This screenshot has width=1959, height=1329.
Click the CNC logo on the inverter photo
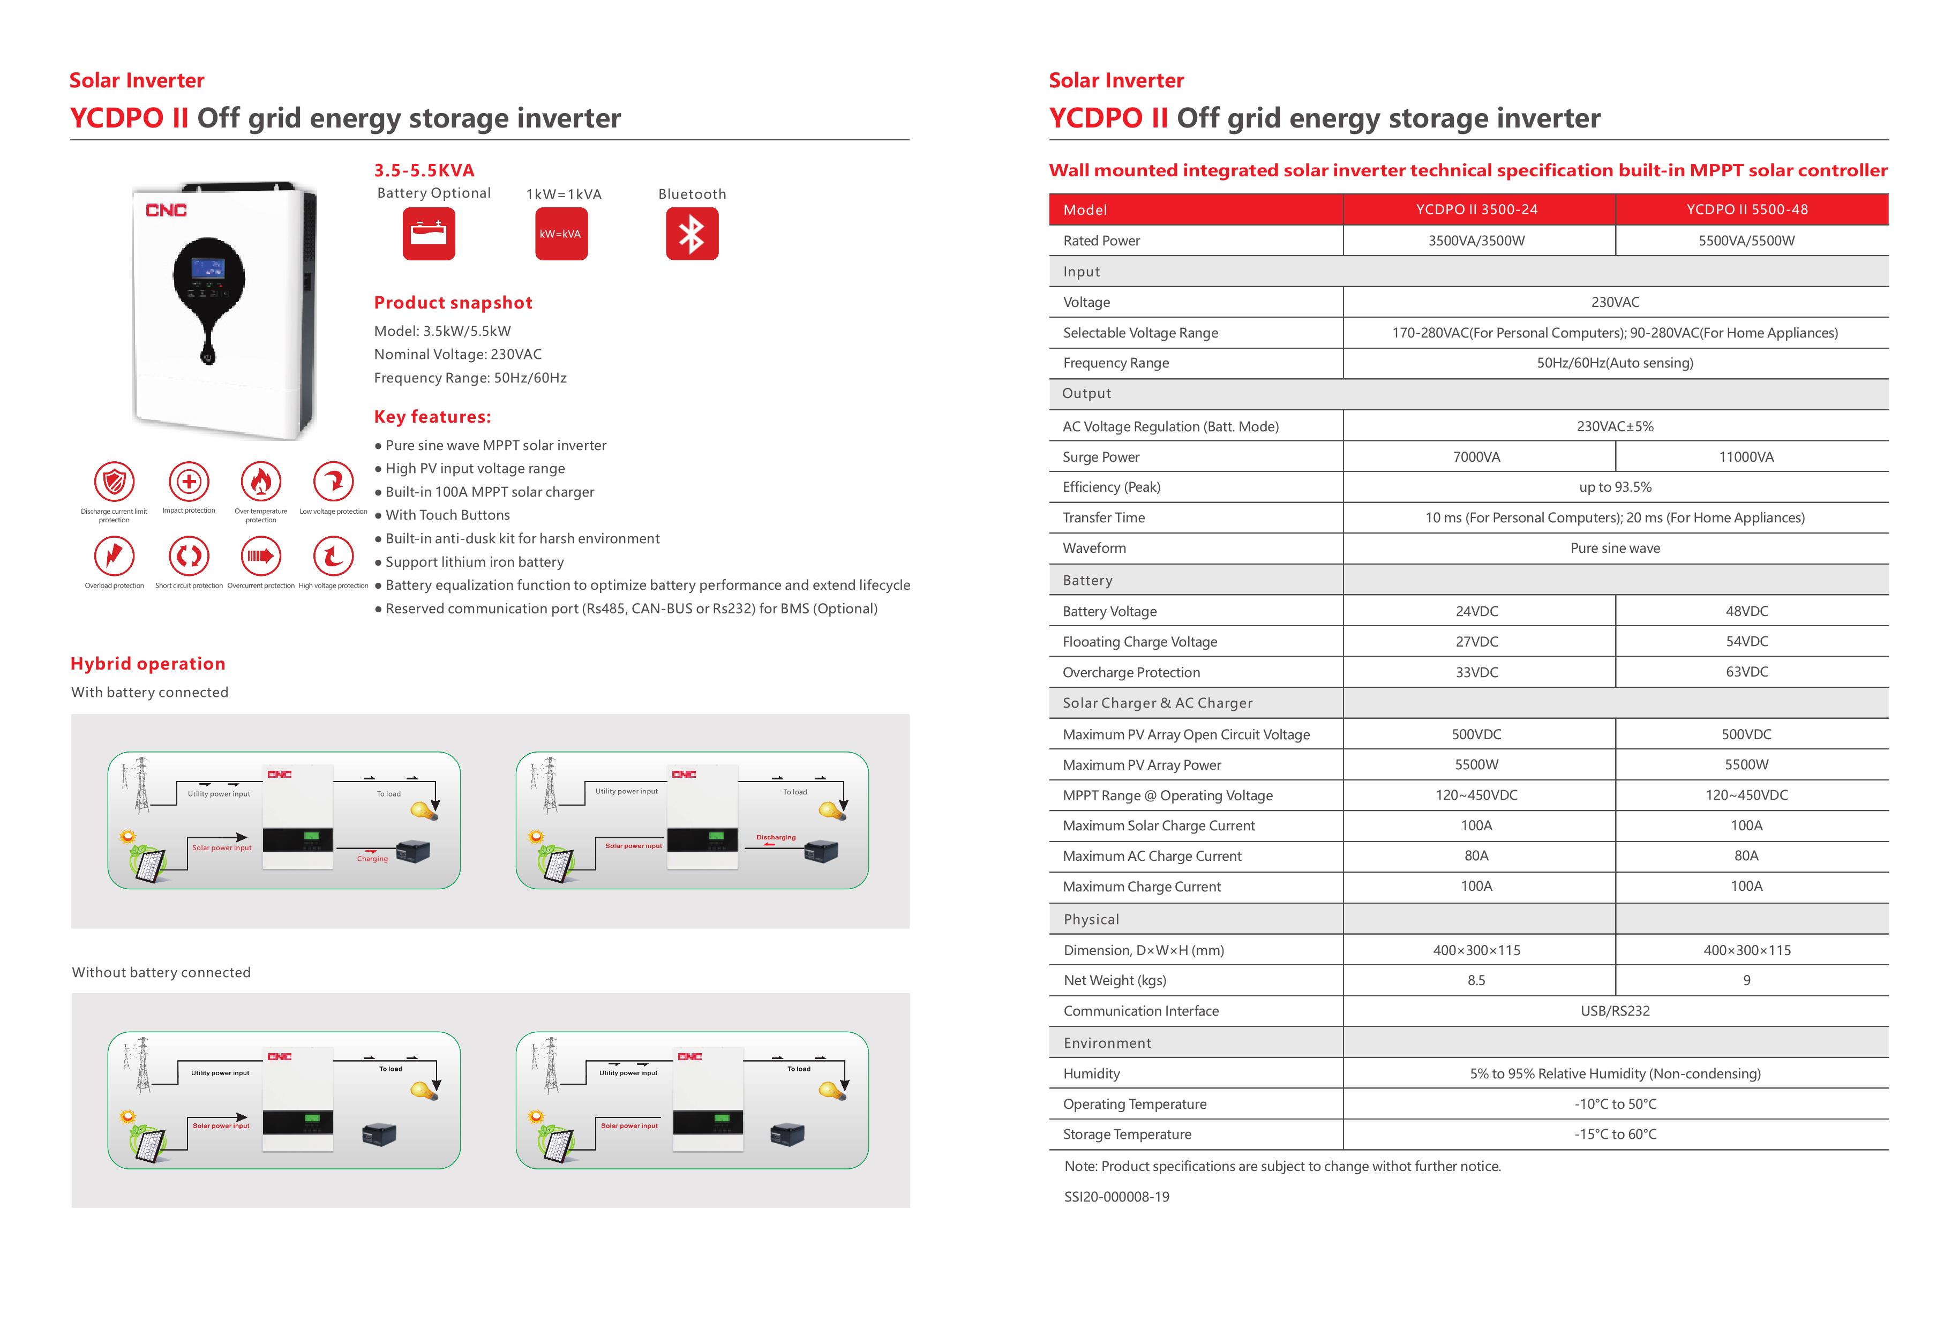point(166,210)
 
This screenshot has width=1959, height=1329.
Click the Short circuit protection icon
point(189,555)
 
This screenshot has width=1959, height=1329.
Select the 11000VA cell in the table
point(1746,457)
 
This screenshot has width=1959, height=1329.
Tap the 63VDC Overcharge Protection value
point(1746,672)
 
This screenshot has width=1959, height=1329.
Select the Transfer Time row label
point(1104,517)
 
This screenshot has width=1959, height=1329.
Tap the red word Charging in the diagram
point(372,859)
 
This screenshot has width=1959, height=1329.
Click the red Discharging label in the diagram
point(776,838)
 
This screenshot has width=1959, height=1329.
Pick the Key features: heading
point(432,416)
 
